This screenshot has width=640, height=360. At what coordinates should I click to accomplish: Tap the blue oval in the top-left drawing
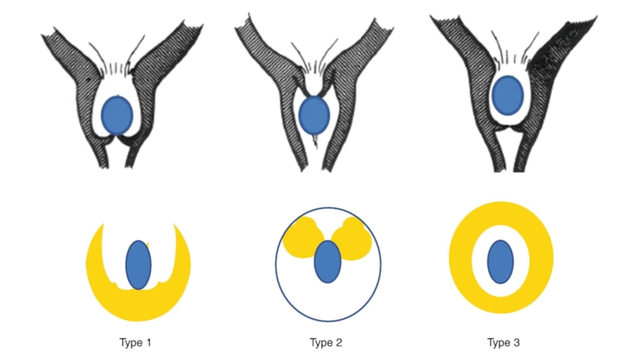[x=118, y=114]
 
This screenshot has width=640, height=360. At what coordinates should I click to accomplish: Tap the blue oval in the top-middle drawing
[x=314, y=114]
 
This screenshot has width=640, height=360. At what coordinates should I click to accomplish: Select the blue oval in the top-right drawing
[x=507, y=95]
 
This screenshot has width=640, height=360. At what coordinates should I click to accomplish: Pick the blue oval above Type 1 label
[x=138, y=263]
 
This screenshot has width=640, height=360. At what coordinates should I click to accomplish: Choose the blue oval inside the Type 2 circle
[x=326, y=261]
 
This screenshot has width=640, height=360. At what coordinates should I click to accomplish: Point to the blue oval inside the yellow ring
[x=501, y=261]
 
